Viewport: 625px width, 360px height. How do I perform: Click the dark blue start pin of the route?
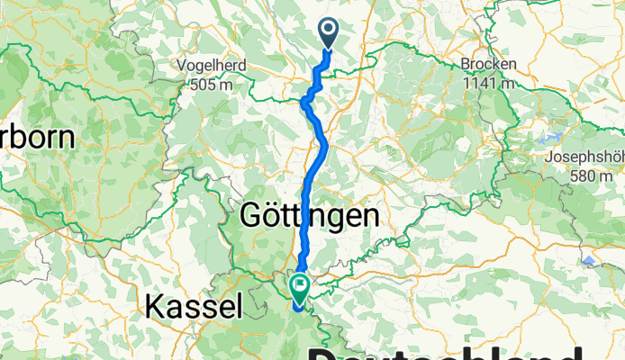point(326,34)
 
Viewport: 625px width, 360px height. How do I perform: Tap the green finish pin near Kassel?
point(298,287)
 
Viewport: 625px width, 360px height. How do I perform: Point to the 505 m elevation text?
point(216,85)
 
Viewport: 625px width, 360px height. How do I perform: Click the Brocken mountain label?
point(488,65)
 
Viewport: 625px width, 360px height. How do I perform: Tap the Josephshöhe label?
point(584,157)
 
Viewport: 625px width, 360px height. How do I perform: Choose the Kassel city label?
point(194,307)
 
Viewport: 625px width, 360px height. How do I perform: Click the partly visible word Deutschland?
point(450,349)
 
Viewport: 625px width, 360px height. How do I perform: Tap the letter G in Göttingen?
point(251,217)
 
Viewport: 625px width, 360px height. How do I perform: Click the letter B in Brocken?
point(466,65)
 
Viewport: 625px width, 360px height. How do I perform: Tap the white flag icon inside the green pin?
point(298,285)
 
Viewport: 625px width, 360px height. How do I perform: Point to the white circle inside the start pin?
point(326,31)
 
